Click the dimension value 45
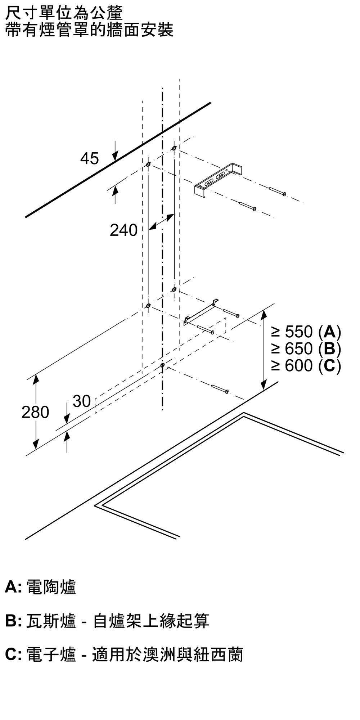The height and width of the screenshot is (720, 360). pos(89,158)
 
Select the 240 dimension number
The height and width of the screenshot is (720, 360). pos(123,230)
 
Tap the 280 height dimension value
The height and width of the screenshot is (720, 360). pos(35,412)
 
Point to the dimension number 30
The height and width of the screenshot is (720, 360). pos(82,401)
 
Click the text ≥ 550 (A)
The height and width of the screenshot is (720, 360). pos(306,332)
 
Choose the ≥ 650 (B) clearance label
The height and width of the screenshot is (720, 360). pos(306,348)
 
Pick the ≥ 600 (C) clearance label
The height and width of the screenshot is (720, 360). pos(306,365)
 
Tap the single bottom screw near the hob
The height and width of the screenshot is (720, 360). pos(220,389)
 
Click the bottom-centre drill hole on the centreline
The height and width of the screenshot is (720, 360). pos(163,365)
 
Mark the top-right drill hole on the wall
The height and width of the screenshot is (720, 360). pos(174,148)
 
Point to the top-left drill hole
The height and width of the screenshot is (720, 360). pos(148,165)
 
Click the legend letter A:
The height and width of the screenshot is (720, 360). pos(14,587)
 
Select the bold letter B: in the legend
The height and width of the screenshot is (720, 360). pos(14,621)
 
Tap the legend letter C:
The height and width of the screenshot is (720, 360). pos(14,654)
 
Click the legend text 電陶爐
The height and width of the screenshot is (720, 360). pos(51,587)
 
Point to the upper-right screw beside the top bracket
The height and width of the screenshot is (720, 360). pos(277,191)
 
